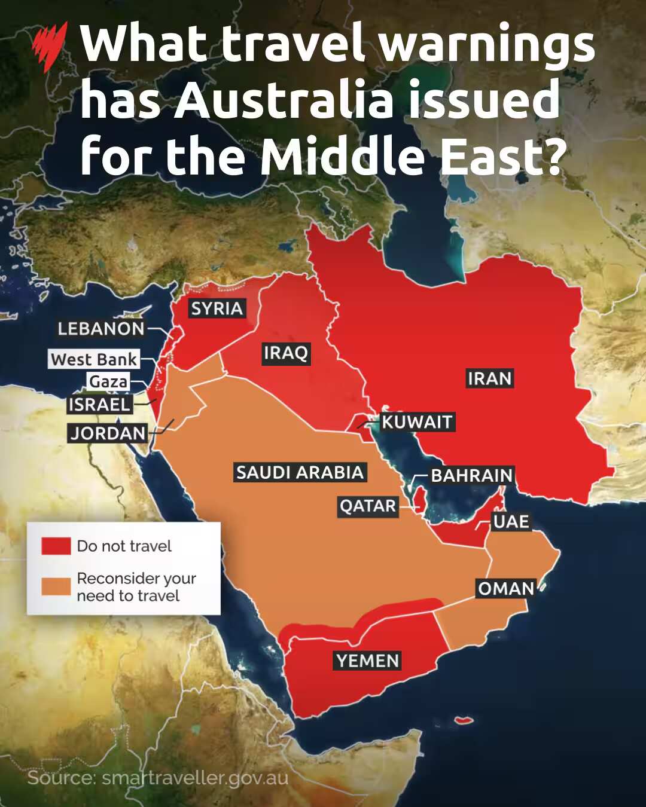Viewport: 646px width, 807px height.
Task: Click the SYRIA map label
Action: point(217,309)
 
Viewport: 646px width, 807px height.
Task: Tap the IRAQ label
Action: point(285,353)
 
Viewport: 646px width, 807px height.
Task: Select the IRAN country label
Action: point(489,378)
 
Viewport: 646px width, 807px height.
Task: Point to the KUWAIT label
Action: point(417,422)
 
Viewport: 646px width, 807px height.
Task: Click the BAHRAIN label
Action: point(472,475)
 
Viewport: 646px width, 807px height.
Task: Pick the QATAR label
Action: point(368,506)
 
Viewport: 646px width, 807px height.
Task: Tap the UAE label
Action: point(511,521)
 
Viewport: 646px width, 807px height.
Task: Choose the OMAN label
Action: point(505,589)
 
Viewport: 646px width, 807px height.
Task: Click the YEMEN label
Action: point(367,661)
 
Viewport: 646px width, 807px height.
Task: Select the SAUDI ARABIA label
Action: point(300,472)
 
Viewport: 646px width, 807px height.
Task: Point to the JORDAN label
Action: point(108,433)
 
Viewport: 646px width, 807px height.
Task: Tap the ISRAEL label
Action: point(99,405)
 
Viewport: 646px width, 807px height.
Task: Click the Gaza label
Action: point(108,381)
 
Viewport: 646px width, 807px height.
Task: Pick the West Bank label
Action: point(94,359)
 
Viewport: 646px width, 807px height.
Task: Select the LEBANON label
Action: point(101,328)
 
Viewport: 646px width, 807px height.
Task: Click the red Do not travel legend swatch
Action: point(56,546)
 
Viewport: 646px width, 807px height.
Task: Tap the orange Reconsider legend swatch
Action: point(56,586)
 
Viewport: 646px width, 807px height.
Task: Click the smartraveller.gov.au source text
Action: point(195,778)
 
